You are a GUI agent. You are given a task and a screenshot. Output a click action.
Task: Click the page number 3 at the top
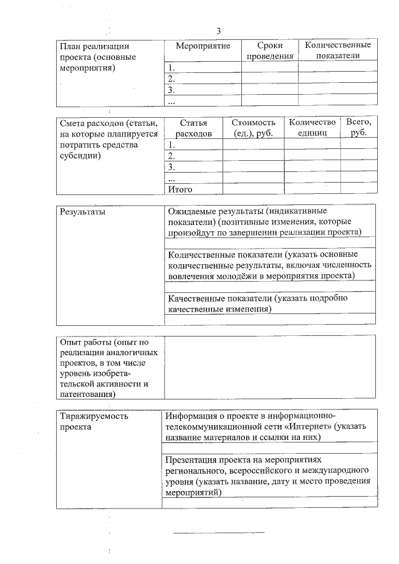click(x=219, y=31)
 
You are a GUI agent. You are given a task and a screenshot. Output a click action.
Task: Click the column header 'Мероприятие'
click(x=203, y=46)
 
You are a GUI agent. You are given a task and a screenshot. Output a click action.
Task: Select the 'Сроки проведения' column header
click(x=269, y=51)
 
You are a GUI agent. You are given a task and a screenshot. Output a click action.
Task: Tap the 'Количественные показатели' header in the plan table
click(x=337, y=50)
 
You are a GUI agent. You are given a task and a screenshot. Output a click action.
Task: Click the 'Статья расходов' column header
click(x=193, y=128)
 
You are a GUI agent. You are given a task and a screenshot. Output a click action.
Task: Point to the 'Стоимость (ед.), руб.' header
click(x=253, y=128)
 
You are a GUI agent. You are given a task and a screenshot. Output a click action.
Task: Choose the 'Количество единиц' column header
click(x=312, y=128)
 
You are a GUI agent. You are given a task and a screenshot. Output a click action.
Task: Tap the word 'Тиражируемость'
click(x=94, y=416)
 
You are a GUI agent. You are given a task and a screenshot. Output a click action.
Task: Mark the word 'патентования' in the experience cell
click(x=86, y=394)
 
